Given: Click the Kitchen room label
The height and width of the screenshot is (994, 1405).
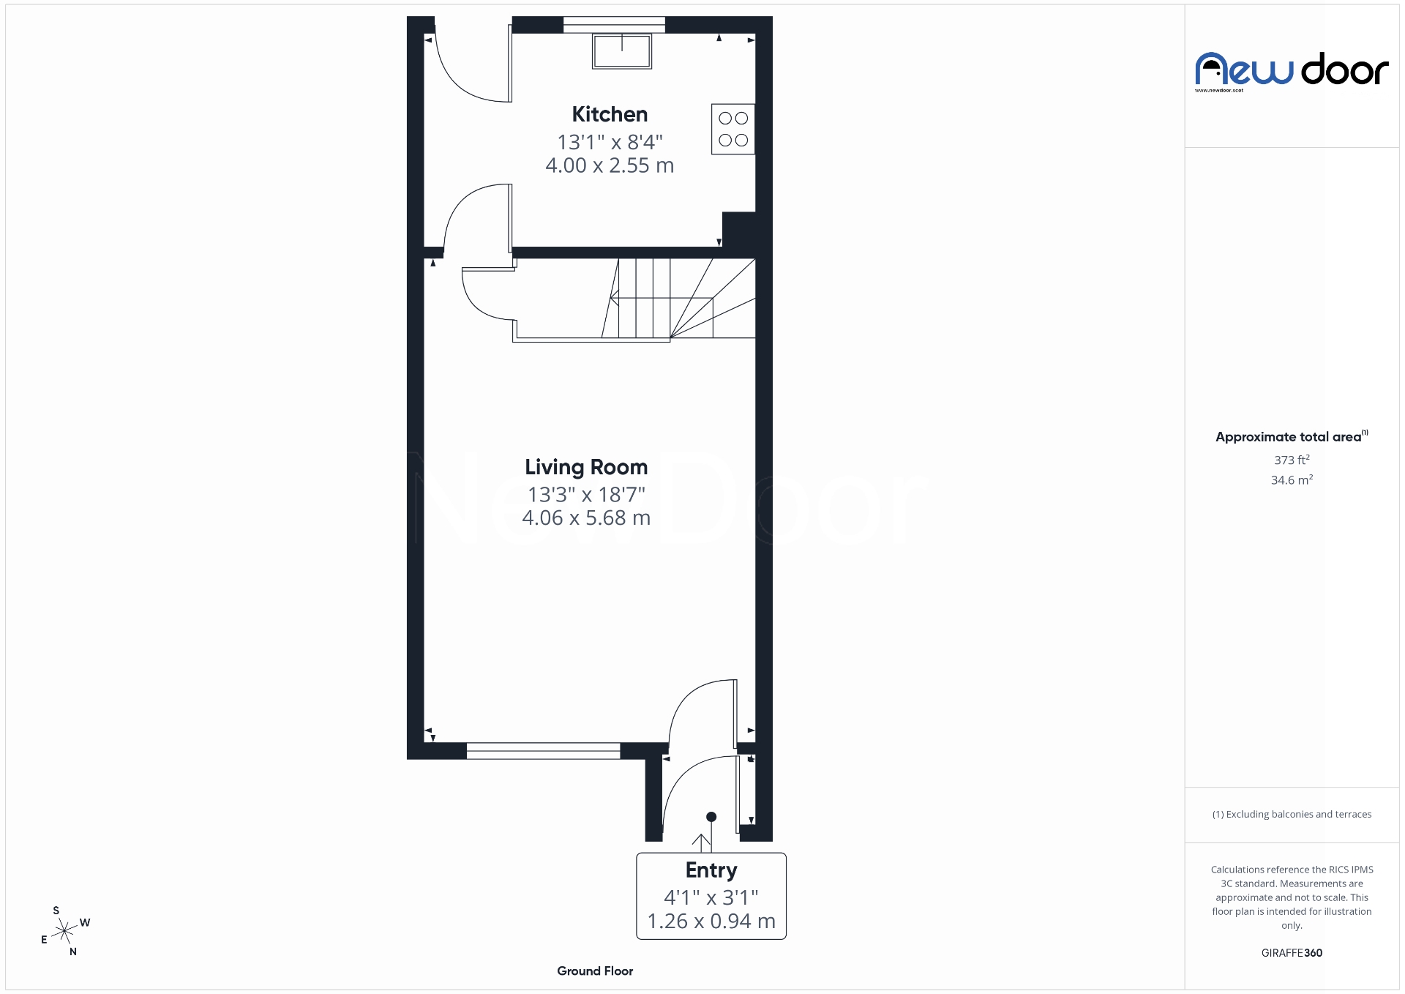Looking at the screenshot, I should (610, 114).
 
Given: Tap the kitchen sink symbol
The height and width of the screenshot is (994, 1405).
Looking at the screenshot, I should (622, 51).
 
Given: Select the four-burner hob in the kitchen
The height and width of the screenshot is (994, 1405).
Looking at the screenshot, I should (733, 129).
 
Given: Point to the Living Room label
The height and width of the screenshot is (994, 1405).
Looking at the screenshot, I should (586, 467).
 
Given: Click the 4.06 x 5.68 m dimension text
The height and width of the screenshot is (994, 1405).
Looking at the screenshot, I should (586, 518).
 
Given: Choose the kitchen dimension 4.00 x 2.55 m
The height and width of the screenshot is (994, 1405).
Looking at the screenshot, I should (610, 165).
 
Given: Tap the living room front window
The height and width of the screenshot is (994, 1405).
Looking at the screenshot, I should (543, 750).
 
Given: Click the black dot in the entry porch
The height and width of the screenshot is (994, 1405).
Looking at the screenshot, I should (711, 817).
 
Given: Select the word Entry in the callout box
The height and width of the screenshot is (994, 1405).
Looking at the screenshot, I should (711, 870).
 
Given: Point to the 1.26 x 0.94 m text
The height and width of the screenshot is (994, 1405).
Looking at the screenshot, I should (711, 921).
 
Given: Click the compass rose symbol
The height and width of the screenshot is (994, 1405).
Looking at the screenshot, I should (65, 931).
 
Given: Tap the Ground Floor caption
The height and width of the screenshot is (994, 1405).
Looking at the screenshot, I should (595, 971).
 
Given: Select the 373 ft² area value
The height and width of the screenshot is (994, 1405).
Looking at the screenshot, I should (1292, 460).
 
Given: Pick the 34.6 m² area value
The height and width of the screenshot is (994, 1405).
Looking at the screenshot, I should (1292, 480).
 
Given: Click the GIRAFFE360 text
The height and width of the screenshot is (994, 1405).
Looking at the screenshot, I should (1292, 953).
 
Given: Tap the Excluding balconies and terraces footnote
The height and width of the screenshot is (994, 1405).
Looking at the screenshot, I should (1292, 814).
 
